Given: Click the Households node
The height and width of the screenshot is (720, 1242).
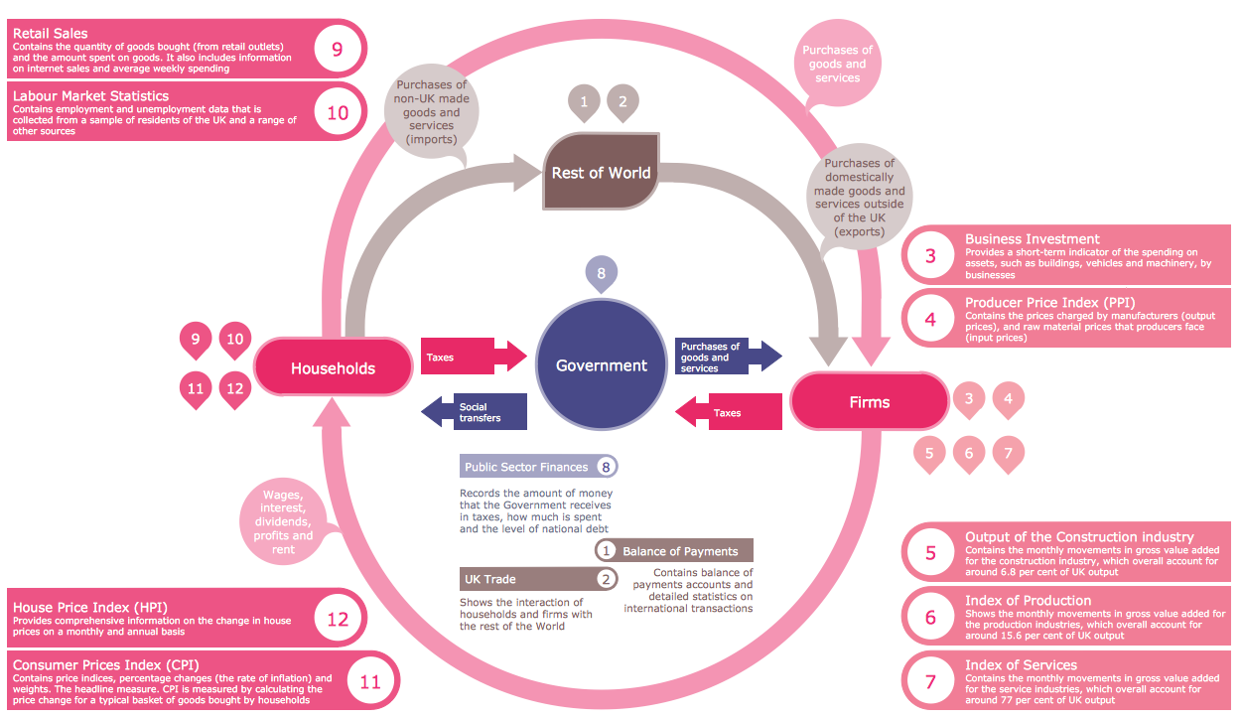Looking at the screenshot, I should pos(333,368).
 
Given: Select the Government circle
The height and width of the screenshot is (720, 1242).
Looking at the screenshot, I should pos(601,365).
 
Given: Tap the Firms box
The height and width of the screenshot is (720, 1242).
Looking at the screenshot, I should pos(869,402).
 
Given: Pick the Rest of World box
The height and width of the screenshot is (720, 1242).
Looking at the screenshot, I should pos(601,173).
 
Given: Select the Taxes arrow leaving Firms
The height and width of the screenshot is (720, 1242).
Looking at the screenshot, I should pos(730,412).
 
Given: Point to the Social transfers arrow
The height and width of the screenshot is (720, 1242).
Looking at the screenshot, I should pos(473,412).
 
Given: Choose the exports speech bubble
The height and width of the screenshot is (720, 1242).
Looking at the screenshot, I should pos(859,196).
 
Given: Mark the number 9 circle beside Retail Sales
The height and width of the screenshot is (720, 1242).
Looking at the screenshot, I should pos(338,48).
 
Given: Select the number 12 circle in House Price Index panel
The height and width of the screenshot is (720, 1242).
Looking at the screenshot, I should pos(338,619).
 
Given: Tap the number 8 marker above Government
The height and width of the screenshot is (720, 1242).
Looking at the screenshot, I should pos(601,272).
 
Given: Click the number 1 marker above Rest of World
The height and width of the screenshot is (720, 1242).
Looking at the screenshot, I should pos(584,101).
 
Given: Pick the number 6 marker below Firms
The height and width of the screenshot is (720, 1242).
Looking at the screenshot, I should pos(968,453).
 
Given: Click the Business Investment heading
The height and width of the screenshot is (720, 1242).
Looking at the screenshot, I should pos(1032,239).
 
